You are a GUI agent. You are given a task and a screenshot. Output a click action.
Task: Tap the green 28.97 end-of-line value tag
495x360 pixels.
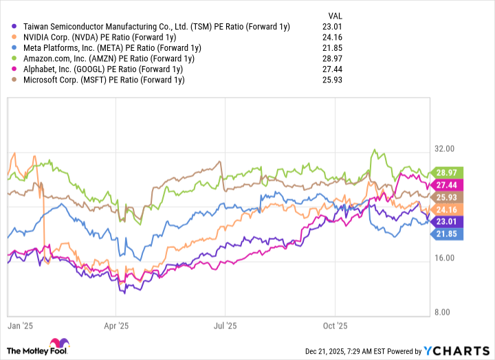point(450,172)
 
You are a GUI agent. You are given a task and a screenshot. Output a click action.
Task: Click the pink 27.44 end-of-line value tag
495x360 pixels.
point(450,185)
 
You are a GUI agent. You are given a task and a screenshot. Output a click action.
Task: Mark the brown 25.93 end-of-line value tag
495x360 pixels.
point(450,197)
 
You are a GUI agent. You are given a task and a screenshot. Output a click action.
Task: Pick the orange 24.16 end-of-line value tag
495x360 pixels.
point(450,209)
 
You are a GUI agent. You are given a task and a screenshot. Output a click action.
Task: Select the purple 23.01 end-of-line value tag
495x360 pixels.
point(450,221)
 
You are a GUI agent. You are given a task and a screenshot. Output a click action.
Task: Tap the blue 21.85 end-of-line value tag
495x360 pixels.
point(450,234)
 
